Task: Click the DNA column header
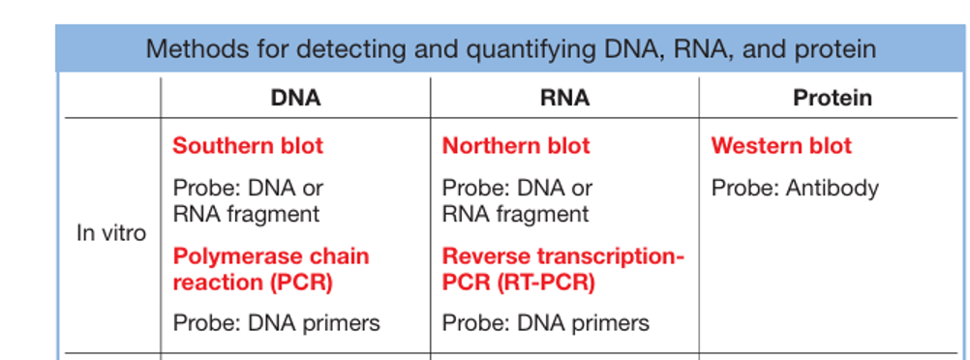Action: click(x=295, y=98)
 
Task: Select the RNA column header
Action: click(x=564, y=98)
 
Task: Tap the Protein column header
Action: click(x=833, y=98)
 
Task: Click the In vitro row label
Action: click(x=111, y=233)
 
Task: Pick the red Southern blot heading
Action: click(x=248, y=146)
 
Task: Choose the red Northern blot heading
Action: click(x=516, y=146)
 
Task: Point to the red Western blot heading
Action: click(x=781, y=146)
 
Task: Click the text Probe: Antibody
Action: click(x=795, y=188)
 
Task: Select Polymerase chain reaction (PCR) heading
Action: click(x=271, y=269)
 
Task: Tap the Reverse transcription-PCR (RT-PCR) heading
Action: click(x=563, y=269)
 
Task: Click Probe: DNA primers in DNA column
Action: click(x=276, y=323)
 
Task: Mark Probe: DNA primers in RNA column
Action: click(x=546, y=323)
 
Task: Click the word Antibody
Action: click(x=832, y=188)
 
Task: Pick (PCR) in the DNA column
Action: click(x=301, y=283)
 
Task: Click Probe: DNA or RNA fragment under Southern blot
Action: click(x=248, y=201)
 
